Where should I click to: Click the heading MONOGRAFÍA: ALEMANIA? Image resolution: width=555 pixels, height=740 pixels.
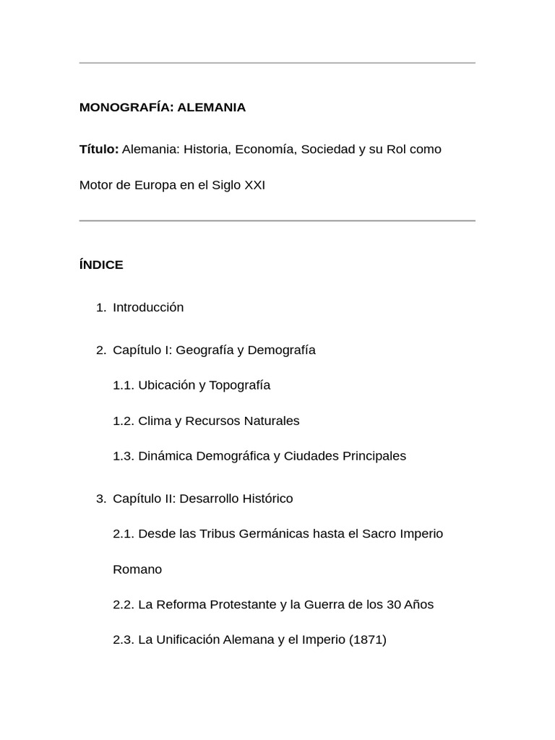tap(163, 108)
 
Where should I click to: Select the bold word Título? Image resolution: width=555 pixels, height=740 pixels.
tap(99, 150)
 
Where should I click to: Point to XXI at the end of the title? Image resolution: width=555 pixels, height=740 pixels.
tap(254, 185)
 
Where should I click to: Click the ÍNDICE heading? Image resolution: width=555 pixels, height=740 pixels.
tap(101, 265)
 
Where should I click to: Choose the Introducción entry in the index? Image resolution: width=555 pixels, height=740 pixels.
tap(148, 308)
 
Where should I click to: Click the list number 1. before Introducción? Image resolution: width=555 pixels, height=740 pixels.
tap(101, 308)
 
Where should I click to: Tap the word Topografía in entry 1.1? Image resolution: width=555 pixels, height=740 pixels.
tap(239, 385)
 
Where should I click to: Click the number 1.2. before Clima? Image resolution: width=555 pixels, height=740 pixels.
tap(124, 421)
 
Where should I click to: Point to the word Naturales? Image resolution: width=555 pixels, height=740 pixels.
tap(272, 421)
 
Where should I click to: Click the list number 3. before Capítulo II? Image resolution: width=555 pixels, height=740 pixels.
tap(101, 499)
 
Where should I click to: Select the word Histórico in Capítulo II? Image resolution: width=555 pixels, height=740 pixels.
tap(266, 499)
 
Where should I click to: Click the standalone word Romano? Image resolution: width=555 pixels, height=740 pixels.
tap(137, 569)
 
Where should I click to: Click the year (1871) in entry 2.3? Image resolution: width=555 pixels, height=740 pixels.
tap(367, 640)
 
